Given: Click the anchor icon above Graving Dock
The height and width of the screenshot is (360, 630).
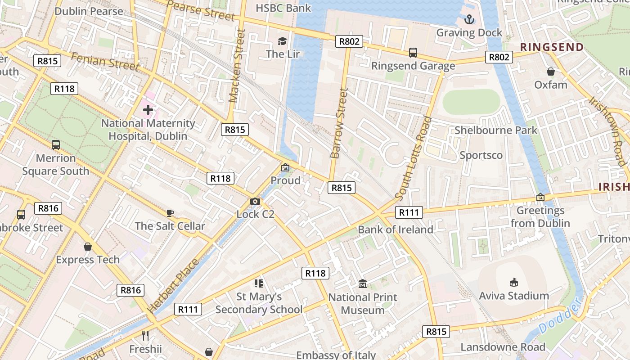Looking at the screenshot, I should [469, 19].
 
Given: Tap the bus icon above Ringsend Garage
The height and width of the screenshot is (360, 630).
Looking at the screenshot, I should [413, 53].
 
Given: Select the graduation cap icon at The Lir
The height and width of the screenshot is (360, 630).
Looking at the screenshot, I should [283, 41].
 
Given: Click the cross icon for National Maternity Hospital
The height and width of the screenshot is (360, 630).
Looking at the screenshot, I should [148, 109].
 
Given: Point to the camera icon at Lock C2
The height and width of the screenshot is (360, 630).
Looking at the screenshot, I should [255, 201].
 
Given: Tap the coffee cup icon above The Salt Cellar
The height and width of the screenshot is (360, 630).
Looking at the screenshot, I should [170, 213].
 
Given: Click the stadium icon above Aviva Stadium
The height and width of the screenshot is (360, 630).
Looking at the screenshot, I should [513, 282].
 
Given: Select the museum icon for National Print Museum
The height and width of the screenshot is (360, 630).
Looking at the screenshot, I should [363, 284].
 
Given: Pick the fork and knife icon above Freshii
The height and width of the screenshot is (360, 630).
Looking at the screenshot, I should [145, 335].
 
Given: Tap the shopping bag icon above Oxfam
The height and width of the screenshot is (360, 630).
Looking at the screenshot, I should [551, 72].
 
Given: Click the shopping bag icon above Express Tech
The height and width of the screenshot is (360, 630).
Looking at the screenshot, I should [88, 247].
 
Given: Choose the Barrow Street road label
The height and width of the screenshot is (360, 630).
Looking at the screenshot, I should [340, 124].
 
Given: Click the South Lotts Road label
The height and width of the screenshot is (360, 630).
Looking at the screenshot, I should [413, 158].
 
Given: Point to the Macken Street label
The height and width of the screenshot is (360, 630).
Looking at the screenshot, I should [237, 66].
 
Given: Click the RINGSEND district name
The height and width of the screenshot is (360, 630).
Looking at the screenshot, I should [552, 47].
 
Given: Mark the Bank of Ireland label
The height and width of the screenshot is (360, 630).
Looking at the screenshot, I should [395, 229].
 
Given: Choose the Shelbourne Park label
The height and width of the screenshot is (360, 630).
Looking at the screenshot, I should [495, 130].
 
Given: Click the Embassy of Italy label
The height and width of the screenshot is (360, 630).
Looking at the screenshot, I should [336, 355].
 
